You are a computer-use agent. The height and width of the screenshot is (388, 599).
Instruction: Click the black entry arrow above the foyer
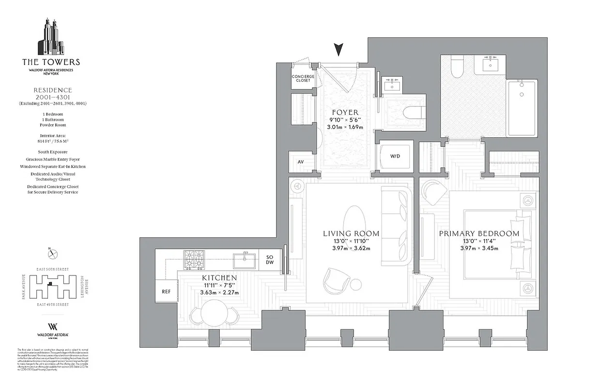(339, 49)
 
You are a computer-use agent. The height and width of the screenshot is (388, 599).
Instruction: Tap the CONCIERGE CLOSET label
(303, 79)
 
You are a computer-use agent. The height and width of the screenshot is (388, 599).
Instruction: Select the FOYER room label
(345, 112)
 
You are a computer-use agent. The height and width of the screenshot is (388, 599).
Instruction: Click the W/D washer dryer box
(396, 156)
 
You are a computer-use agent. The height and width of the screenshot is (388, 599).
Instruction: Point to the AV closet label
(301, 162)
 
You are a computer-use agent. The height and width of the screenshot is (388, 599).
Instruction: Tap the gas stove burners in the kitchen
(194, 260)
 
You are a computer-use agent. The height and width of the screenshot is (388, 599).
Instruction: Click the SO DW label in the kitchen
(270, 259)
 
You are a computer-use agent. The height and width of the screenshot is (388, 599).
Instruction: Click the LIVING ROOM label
(351, 234)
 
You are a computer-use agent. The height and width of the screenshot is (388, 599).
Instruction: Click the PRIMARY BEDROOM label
(479, 234)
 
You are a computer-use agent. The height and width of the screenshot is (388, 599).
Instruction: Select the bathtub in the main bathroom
(522, 108)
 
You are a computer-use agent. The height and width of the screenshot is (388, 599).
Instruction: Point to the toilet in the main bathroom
(456, 68)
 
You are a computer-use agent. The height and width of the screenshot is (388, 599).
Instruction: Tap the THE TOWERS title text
(51, 62)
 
